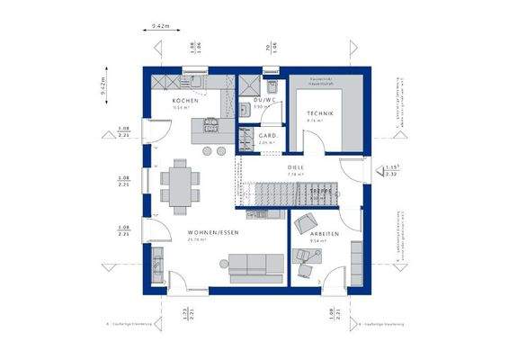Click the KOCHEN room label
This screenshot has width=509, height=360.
(x=184, y=100)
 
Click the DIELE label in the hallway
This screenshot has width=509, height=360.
(x=295, y=167)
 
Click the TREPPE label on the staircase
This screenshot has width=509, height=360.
(x=322, y=192)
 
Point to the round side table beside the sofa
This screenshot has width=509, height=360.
(x=224, y=262)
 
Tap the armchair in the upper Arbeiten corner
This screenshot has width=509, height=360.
(x=303, y=222)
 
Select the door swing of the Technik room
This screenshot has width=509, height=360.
(x=311, y=139)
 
